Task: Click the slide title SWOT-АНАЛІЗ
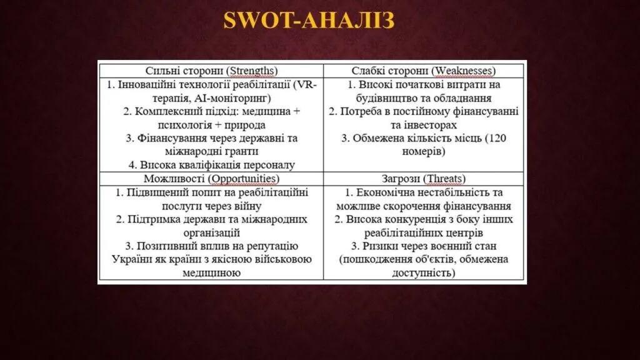click(309, 20)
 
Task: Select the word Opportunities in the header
click(243, 179)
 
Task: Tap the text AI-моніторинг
click(232, 98)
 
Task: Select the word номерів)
click(424, 151)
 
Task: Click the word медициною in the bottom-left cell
click(211, 272)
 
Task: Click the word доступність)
click(424, 272)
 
